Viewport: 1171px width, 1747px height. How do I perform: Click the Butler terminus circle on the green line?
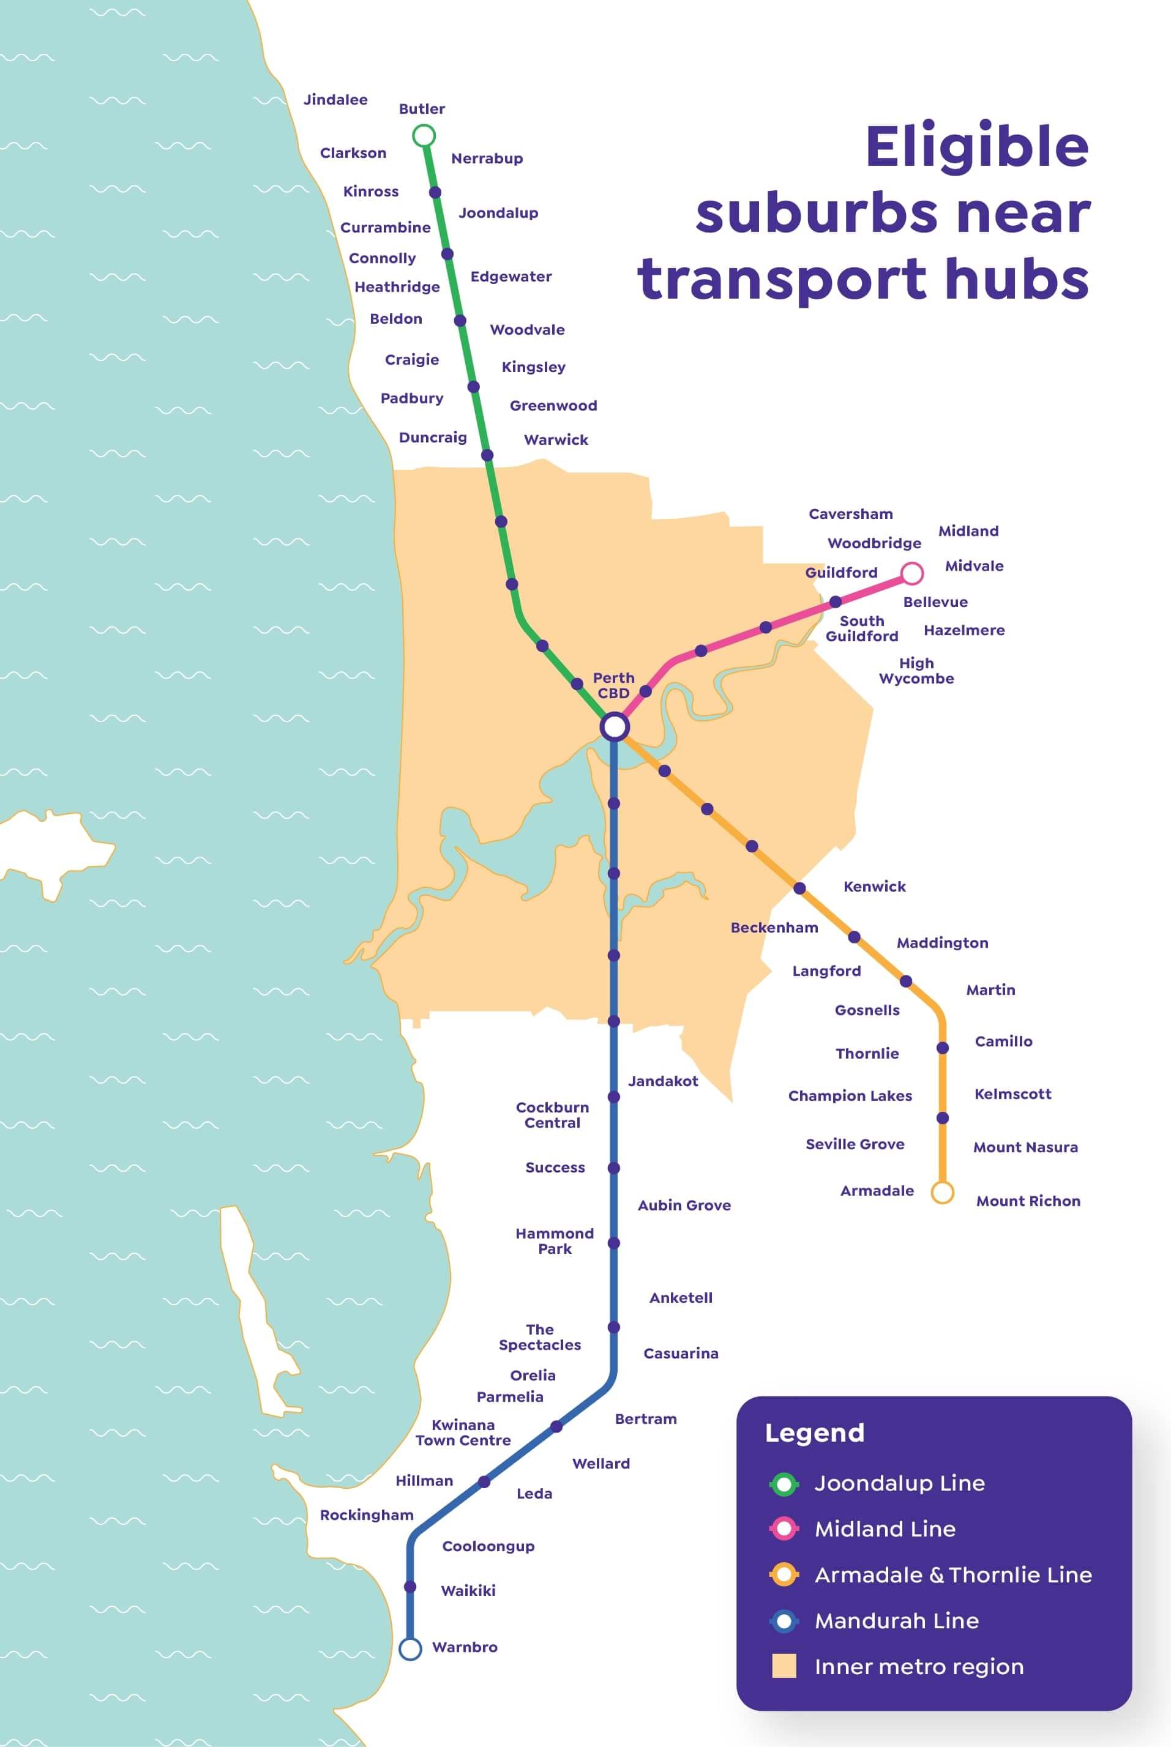click(424, 136)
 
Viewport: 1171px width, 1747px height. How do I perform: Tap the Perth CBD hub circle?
click(614, 726)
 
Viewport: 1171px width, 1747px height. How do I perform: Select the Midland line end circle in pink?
click(912, 573)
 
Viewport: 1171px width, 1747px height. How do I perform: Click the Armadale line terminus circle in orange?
click(943, 1192)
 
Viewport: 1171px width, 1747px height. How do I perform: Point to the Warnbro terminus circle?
click(410, 1648)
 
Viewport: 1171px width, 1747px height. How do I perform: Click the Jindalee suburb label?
click(335, 100)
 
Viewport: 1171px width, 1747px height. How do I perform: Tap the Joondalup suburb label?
click(498, 213)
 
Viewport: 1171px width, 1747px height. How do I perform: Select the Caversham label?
click(851, 513)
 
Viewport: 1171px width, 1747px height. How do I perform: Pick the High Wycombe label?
click(916, 671)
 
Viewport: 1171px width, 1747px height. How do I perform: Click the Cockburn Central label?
click(552, 1115)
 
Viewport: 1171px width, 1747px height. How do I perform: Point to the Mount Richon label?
click(1028, 1201)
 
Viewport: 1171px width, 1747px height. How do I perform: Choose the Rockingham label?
click(367, 1515)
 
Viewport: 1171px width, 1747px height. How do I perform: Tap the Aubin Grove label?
click(684, 1205)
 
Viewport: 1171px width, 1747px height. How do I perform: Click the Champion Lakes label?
click(850, 1096)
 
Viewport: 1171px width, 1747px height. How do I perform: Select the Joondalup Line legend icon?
click(784, 1483)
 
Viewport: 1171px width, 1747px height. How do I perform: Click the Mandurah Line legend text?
click(896, 1621)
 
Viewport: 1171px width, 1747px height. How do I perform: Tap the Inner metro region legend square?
click(784, 1666)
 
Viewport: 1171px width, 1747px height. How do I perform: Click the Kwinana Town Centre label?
click(463, 1432)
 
